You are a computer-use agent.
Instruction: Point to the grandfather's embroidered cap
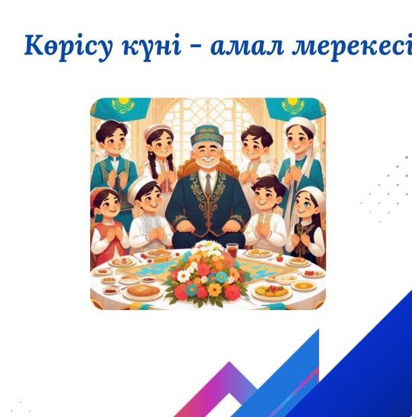coord(208,135)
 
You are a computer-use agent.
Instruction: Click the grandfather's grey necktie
coord(208,183)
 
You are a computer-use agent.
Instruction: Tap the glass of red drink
coord(232,250)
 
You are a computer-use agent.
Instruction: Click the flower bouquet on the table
coord(207,274)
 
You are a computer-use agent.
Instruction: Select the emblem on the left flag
coord(121,104)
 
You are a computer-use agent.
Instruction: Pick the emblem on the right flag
coord(292,105)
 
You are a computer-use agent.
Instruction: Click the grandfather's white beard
coord(207,163)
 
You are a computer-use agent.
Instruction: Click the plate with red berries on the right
coord(313,273)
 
